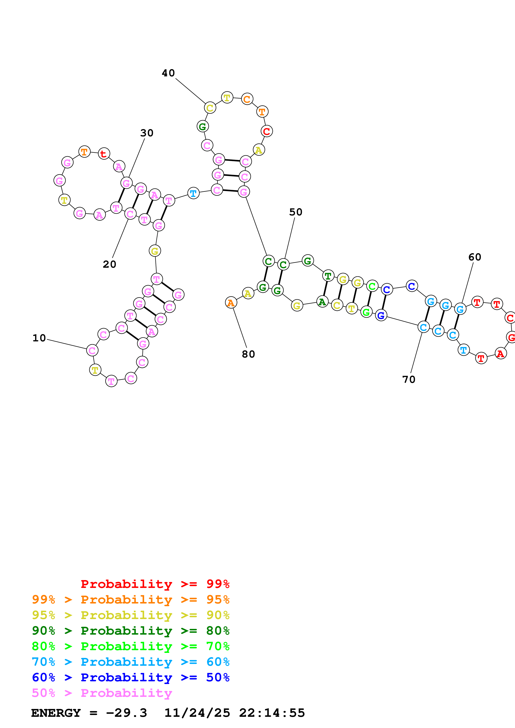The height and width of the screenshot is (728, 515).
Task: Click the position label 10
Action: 39,338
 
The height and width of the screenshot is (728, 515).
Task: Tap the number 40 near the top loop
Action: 168,73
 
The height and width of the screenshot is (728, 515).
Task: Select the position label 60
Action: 475,257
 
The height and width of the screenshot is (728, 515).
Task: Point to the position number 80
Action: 248,354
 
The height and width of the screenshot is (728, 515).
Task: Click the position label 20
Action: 109,264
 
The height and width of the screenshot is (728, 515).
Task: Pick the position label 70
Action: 409,380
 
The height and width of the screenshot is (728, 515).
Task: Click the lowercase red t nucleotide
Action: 104,154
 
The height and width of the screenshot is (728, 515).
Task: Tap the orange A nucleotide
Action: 231,303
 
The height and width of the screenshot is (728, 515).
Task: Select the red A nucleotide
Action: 500,353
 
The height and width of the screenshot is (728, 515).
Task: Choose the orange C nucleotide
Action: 247,99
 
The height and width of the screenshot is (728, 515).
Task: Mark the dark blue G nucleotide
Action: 381,315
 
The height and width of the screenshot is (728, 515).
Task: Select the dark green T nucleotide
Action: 328,276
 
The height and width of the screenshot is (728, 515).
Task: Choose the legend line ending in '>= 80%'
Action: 131,631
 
